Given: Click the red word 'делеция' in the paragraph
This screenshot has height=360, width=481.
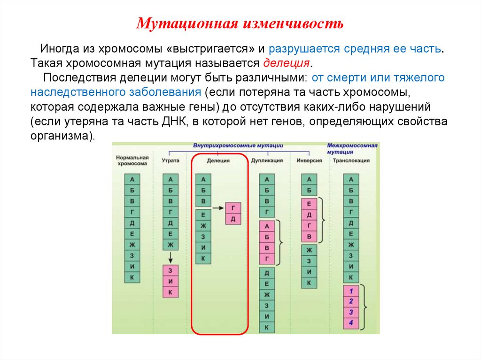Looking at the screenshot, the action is (x=286, y=63).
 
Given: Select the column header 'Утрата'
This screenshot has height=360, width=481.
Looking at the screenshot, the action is (x=171, y=160).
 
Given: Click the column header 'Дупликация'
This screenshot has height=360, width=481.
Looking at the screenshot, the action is (x=267, y=160).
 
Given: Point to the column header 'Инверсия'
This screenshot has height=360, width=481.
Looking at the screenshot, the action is (x=310, y=160).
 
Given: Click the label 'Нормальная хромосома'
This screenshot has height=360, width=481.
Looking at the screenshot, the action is (x=132, y=160).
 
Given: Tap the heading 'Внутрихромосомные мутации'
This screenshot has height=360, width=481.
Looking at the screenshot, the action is (x=239, y=146).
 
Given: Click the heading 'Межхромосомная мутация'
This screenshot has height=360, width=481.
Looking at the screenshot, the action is (x=352, y=149).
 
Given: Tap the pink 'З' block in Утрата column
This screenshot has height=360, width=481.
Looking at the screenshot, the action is (x=171, y=271).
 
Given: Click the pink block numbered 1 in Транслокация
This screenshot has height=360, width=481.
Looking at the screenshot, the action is (x=351, y=290).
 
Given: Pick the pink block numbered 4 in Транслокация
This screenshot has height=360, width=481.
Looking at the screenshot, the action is (x=351, y=322).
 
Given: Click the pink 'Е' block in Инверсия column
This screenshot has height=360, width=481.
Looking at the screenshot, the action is (x=309, y=204).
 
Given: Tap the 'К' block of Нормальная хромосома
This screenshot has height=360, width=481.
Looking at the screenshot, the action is (x=132, y=277).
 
